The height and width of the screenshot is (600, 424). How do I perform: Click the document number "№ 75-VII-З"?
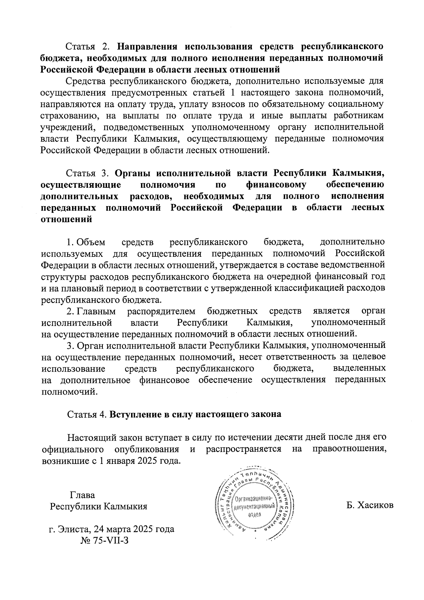pos(105,541)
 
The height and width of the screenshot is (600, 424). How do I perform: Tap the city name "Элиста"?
pos(75,529)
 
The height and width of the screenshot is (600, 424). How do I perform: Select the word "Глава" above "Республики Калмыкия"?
pos(83,495)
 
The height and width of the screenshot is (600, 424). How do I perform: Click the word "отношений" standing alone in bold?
pos(67,219)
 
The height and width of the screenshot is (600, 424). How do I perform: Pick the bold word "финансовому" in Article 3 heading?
pos(276,185)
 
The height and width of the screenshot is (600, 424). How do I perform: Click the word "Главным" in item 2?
pos(96,311)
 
